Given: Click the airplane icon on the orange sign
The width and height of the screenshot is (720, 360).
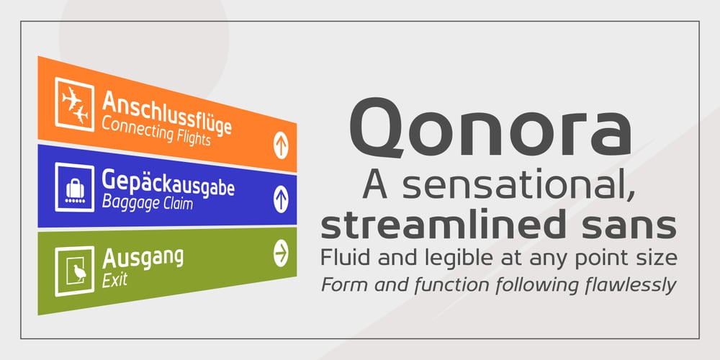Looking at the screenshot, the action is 74,104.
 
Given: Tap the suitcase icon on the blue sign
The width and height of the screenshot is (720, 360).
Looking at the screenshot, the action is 74,188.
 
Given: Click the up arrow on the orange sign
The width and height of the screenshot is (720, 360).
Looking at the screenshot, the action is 281,145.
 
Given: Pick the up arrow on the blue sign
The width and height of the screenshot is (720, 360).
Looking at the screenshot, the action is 281,199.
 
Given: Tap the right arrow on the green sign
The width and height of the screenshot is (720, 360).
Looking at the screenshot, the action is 281,253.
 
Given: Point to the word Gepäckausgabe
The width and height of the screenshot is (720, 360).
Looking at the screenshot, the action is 168,183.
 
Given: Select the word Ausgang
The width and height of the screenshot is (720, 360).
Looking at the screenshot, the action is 143,258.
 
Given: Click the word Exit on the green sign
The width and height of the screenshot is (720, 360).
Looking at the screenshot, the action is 114,280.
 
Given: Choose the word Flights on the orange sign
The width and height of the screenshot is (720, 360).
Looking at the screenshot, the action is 193,137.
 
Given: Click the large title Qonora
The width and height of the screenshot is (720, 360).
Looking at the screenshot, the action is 490,129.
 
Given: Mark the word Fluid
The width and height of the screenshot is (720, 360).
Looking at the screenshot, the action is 341,257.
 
